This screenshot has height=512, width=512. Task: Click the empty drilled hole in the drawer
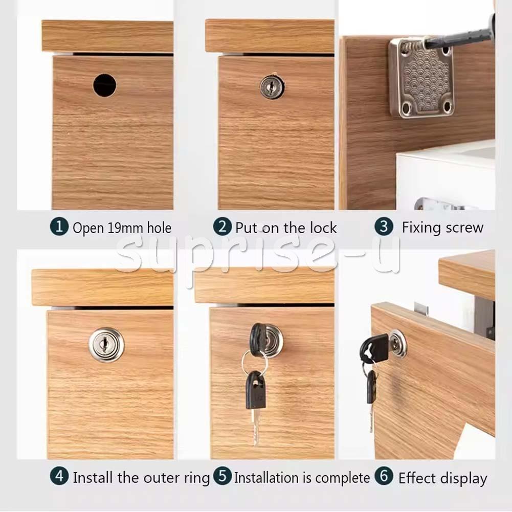[x=104, y=85]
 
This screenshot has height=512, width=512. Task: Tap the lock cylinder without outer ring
[x=272, y=87]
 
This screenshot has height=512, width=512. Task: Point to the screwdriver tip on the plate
[x=425, y=42]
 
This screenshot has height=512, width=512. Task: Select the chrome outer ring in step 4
[x=106, y=345]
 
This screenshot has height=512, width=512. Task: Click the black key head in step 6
[x=374, y=348]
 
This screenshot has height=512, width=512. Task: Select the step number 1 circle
[x=59, y=227]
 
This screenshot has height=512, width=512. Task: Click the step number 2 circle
[x=222, y=227]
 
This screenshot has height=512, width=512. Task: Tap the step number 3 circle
[x=384, y=227]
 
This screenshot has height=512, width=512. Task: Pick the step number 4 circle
[x=59, y=476]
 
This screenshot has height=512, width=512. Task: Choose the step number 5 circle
[x=222, y=476]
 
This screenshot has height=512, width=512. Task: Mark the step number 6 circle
[x=384, y=476]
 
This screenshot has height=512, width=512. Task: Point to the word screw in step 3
[x=464, y=228]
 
